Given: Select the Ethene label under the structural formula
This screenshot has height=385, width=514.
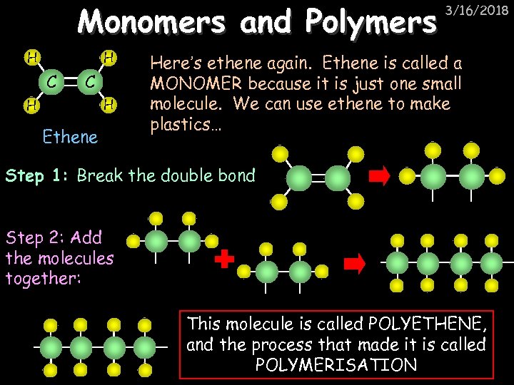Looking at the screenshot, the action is [70, 136].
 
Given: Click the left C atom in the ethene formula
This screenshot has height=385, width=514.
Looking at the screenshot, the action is [50, 81].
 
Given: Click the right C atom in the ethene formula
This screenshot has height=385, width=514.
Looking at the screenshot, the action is [89, 81].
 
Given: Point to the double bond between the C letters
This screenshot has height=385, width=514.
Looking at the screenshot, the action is [69, 81].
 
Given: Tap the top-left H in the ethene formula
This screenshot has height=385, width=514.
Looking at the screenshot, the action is [31, 56].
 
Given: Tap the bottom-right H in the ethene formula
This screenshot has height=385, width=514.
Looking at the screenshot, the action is [108, 106].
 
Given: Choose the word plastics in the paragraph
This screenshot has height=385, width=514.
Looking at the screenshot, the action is [181, 124].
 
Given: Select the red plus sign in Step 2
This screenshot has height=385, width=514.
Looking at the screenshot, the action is [225, 260].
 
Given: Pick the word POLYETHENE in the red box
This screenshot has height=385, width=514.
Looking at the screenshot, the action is [435, 325].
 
